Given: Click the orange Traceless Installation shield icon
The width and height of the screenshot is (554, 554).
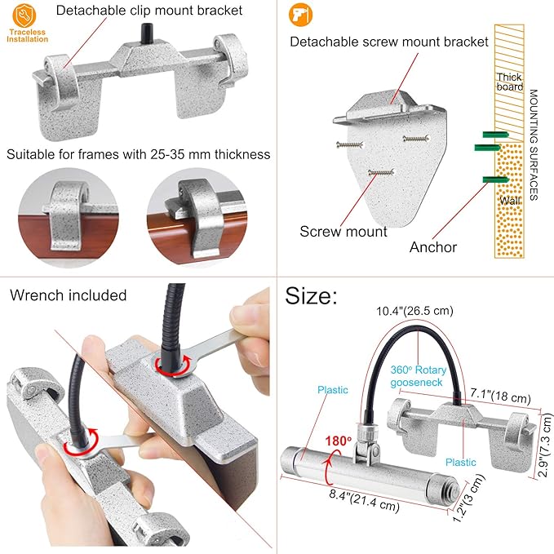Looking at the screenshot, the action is click(x=24, y=16).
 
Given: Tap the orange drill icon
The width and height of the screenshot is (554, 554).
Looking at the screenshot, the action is click(x=301, y=15).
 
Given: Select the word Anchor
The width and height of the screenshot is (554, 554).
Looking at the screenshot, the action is click(x=433, y=247).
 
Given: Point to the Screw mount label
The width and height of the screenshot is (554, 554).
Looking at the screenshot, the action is click(x=343, y=232).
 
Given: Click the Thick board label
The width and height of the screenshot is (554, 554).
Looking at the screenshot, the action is click(x=509, y=82).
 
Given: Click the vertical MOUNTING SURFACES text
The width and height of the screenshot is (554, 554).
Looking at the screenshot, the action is click(x=534, y=145).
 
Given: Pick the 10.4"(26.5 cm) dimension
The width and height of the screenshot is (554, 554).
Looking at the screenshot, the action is click(x=414, y=311).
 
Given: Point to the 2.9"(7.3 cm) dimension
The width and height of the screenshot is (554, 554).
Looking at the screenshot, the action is click(x=545, y=445).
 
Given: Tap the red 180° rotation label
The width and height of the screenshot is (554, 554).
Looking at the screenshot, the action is click(x=338, y=441).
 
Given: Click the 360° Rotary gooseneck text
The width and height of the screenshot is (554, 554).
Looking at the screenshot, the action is click(x=418, y=376).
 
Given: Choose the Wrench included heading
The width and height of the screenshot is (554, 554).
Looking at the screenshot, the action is click(x=69, y=295).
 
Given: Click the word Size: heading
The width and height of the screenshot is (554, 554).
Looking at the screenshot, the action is click(x=311, y=295).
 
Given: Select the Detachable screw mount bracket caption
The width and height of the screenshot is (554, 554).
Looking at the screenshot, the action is click(x=389, y=42).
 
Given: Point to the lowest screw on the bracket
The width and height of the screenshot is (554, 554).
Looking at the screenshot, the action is click(x=381, y=173).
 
